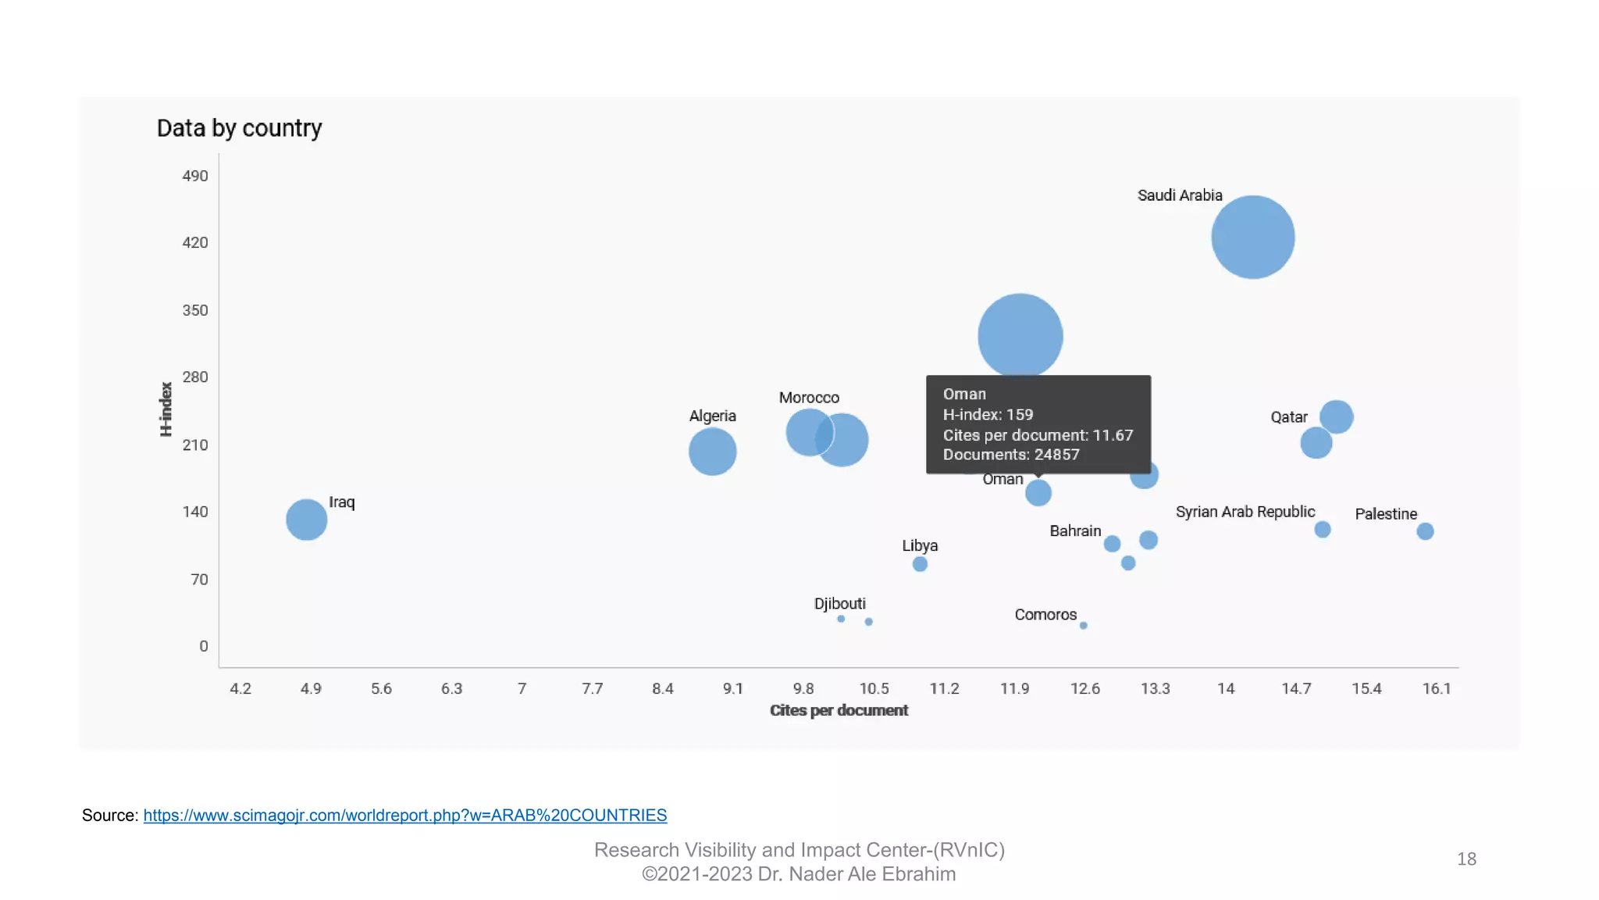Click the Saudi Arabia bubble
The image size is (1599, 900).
(x=1252, y=237)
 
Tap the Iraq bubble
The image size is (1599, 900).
(x=306, y=520)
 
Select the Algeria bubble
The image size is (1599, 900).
(x=712, y=452)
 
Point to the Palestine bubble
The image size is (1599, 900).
(x=1425, y=531)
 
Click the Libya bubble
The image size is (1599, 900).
(x=920, y=564)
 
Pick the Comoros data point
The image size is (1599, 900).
(x=1083, y=625)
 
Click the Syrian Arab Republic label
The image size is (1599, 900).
(x=1245, y=512)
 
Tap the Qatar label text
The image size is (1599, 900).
(x=1288, y=417)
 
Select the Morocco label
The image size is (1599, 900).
(x=809, y=398)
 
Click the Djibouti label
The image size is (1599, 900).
(x=839, y=603)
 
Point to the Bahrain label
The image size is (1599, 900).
(x=1075, y=531)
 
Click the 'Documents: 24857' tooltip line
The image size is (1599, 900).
(x=1010, y=455)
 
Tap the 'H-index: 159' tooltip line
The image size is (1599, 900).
(x=988, y=415)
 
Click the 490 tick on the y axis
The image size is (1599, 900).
(x=195, y=176)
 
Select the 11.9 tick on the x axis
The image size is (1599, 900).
(x=1014, y=688)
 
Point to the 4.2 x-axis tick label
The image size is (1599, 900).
(x=240, y=688)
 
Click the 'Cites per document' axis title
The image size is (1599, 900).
(x=839, y=710)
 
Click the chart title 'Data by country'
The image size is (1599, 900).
(x=239, y=128)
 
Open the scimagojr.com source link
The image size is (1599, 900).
(x=404, y=815)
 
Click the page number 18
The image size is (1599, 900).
(x=1466, y=859)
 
